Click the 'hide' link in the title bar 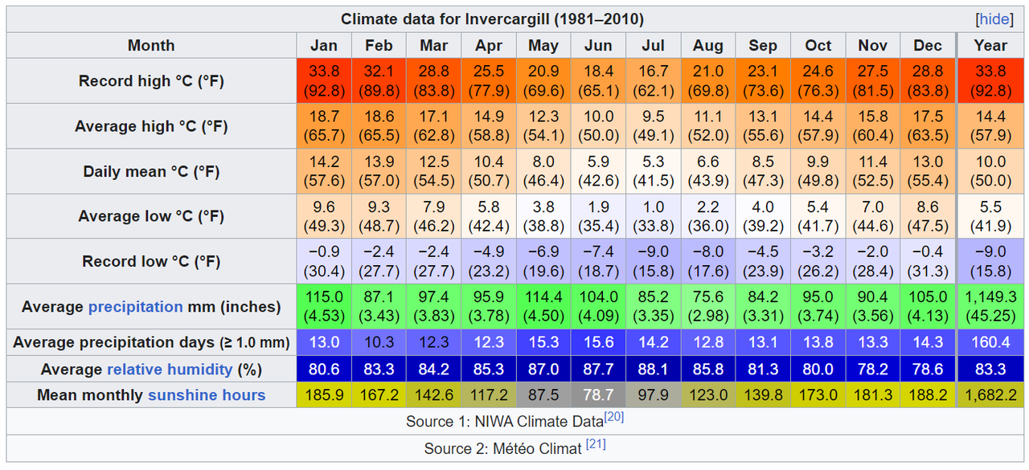994,19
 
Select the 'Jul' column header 653,46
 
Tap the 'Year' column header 990,46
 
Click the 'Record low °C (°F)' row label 151,261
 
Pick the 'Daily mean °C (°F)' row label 151,171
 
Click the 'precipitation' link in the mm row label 135,306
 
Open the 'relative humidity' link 170,370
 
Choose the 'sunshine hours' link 207,394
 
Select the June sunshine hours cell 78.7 598,394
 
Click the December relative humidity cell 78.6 927,370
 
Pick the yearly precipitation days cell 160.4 990,342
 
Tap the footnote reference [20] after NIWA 614,417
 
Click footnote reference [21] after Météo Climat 596,444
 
